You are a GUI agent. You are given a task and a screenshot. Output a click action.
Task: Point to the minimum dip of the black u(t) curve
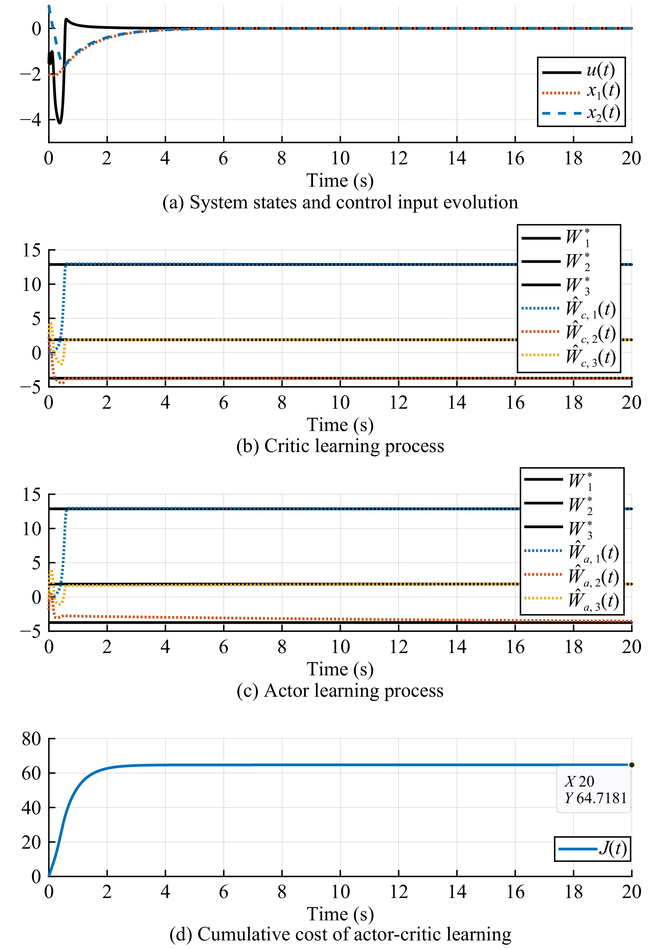[x=60, y=122]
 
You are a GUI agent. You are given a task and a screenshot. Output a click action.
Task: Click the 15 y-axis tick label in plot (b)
[x=32, y=250]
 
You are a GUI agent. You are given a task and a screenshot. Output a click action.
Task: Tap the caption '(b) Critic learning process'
[x=340, y=446]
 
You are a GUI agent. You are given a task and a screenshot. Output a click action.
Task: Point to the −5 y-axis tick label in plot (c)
[x=31, y=631]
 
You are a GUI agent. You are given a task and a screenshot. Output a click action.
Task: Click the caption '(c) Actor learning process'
[x=340, y=691]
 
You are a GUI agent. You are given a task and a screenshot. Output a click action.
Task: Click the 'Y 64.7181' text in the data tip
[x=595, y=798]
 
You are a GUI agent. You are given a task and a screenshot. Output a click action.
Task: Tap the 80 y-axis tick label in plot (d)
[x=32, y=739]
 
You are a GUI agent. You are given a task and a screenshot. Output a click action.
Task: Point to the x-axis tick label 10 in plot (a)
[x=340, y=158]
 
